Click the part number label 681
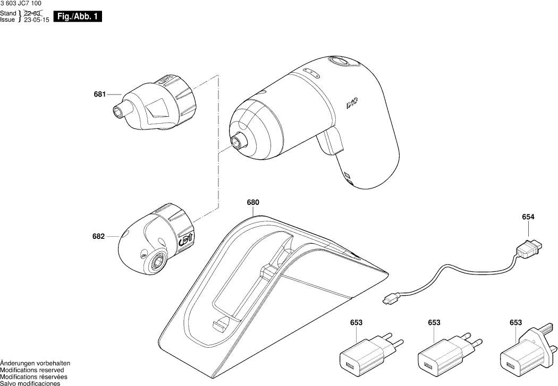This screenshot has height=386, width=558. point(99,95)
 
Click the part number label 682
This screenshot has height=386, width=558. point(99,236)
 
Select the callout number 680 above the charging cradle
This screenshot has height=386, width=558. point(253,202)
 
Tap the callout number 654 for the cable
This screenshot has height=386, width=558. point(528,217)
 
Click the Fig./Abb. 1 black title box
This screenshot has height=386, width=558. point(77,17)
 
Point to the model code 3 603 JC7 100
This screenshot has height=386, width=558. point(21,4)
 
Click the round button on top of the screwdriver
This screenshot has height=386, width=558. point(339,62)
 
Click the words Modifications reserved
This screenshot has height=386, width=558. point(32,370)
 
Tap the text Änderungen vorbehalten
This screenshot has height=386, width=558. point(35,363)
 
